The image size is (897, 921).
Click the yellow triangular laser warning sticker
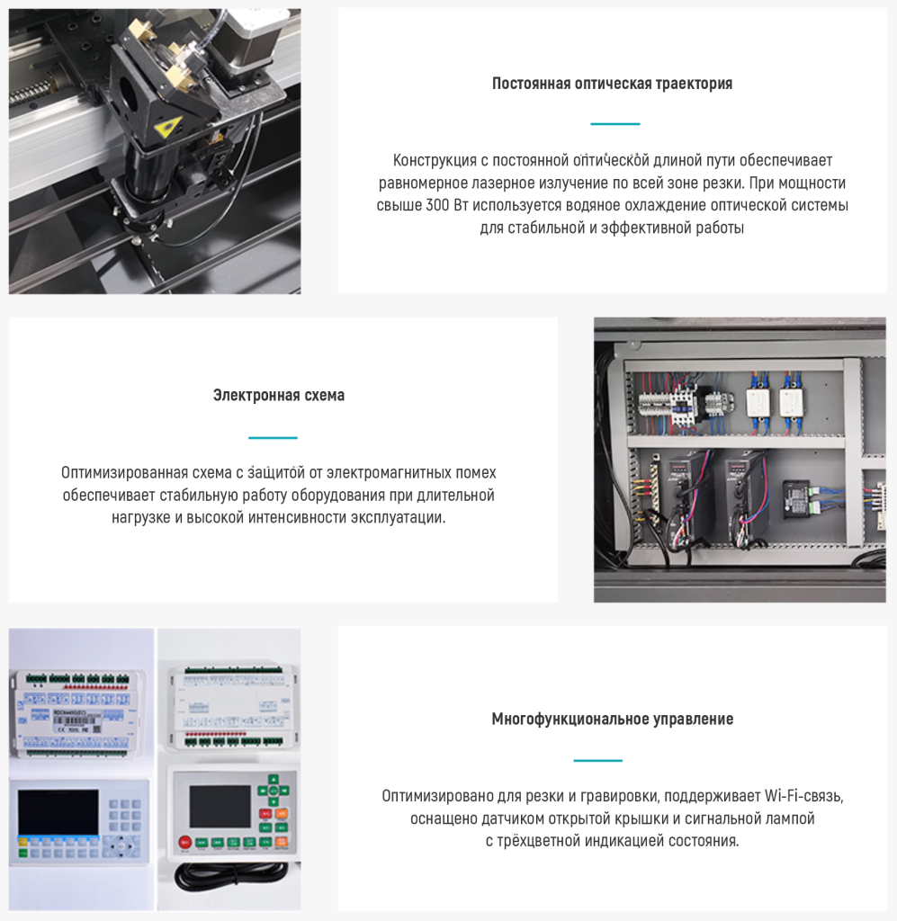tap(167, 126)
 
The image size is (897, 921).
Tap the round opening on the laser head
tap(128, 94)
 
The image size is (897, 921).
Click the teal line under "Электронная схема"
tap(273, 438)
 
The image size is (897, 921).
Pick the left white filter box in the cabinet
tap(758, 402)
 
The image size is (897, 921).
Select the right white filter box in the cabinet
tap(791, 402)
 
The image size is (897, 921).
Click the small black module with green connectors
tap(799, 498)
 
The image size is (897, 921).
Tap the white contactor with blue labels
tap(684, 402)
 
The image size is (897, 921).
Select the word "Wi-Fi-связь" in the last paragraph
tap(803, 797)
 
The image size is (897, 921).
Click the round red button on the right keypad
tap(184, 842)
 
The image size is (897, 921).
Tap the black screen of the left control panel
tap(58, 812)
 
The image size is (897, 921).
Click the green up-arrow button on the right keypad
tap(274, 780)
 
